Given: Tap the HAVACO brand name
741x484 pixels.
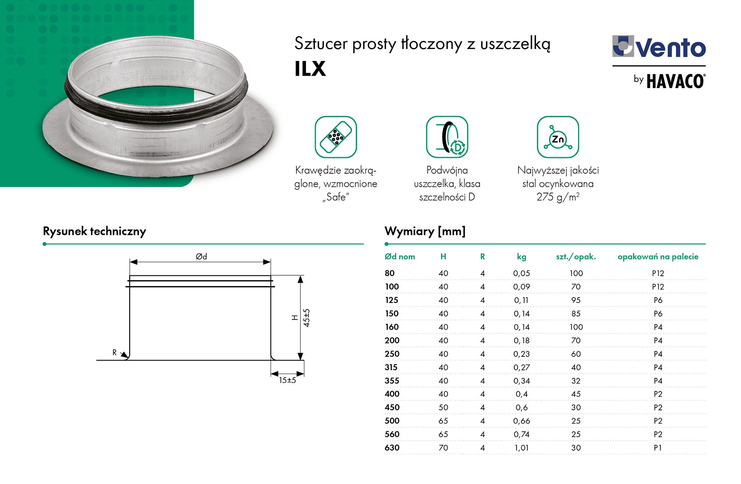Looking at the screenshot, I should pos(675,81).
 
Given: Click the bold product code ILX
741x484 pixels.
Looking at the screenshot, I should pos(310,69).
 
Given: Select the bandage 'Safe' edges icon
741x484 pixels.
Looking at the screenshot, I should pos(336,137).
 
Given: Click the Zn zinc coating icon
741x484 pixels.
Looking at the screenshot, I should pos(558,137).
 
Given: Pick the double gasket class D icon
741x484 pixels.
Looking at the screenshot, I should pos(447,137).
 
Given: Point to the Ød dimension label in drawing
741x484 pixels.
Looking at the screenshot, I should pos(201,256).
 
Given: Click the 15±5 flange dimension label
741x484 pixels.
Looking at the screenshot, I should pos(287,380).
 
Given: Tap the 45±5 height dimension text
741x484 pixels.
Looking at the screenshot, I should pos(307,318).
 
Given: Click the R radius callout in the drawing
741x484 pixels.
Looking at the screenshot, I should pos(115,352).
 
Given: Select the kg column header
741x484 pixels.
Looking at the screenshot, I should pos(522,256).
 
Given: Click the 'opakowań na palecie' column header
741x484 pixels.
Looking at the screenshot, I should pos(658,256).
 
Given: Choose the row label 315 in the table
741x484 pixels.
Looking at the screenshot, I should pos(391,367).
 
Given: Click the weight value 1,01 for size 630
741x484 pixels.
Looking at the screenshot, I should pos(522,447).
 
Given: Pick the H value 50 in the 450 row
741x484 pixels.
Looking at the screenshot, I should pos(443,407).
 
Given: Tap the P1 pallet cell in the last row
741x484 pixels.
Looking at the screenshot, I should pos(658,447).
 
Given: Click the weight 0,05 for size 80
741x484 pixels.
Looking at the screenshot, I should pos(522,273).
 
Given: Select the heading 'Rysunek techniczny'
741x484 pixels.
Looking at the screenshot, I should pos(94,231).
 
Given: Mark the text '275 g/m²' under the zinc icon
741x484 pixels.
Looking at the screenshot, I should pos(558,197).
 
